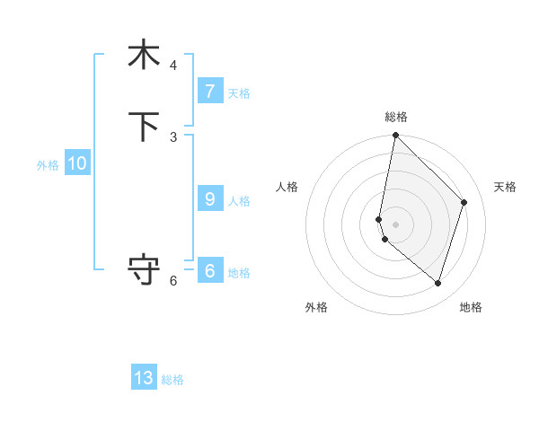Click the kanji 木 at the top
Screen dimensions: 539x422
tap(144, 55)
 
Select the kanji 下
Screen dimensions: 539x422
tap(144, 127)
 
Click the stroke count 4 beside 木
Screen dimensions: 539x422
tap(173, 65)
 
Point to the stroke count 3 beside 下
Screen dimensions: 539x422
tap(173, 136)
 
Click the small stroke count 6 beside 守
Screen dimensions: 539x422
tap(173, 280)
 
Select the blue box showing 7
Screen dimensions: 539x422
tap(209, 92)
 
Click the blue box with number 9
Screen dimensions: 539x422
tap(209, 199)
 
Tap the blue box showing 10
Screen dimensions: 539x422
tap(76, 163)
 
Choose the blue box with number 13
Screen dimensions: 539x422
tap(144, 378)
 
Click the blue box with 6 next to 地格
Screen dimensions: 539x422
tap(209, 271)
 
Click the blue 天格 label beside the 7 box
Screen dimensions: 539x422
tap(239, 93)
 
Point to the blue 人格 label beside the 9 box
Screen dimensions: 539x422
tap(239, 201)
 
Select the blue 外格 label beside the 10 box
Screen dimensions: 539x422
tap(48, 165)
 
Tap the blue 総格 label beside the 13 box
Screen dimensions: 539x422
tap(172, 380)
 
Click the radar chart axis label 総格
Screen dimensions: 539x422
tap(396, 117)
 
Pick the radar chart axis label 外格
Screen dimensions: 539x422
tap(316, 307)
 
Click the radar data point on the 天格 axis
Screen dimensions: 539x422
tap(464, 202)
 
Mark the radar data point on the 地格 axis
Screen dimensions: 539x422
tap(438, 283)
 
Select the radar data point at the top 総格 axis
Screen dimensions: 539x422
tap(395, 136)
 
